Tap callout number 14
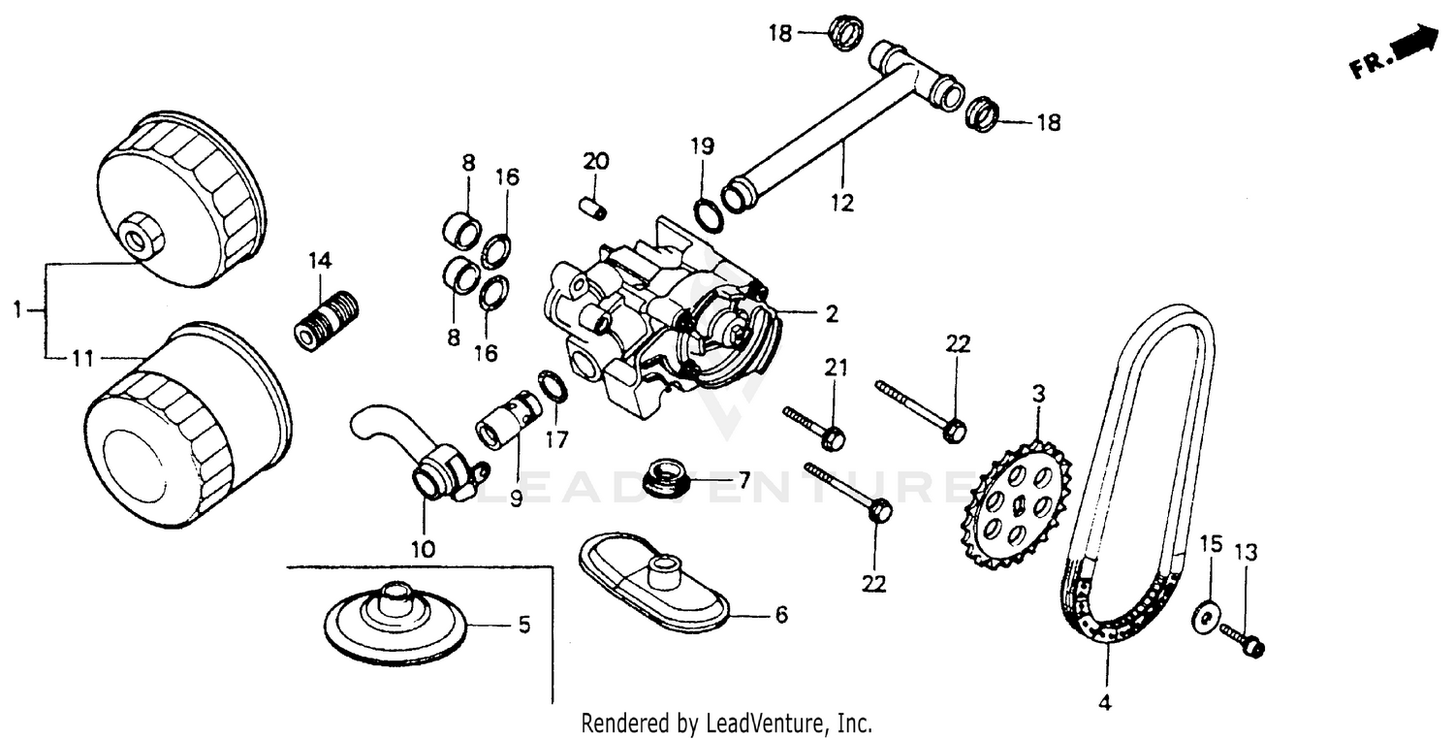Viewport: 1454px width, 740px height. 320,261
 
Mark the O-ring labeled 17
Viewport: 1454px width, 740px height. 553,387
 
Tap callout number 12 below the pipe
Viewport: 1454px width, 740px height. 841,203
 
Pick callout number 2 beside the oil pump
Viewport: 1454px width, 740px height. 831,313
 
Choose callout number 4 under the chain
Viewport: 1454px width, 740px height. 1106,702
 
